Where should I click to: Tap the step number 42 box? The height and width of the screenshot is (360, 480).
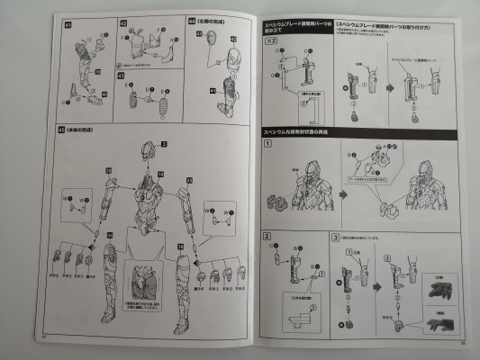point(124,20)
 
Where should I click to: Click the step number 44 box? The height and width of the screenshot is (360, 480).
point(191,20)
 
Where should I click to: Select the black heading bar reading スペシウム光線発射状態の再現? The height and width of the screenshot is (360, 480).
point(304,131)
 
